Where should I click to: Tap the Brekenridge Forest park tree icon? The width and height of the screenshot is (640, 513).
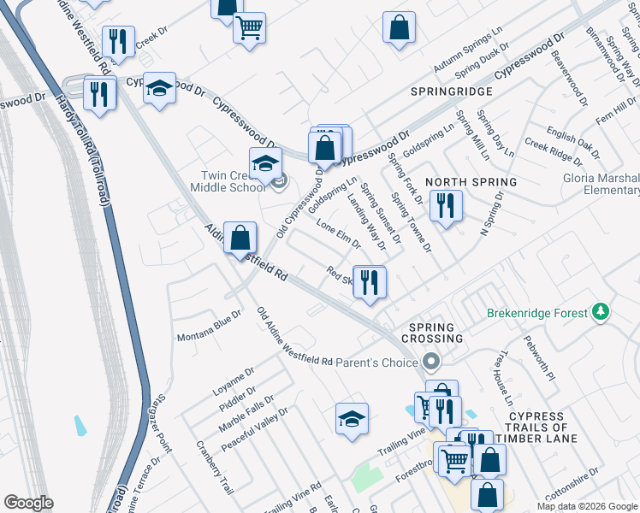(x=601, y=312)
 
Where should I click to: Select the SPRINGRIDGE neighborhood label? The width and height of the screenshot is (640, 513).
(x=451, y=91)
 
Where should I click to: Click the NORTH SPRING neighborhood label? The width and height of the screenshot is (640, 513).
(x=471, y=182)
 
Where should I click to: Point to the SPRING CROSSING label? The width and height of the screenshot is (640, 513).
(x=436, y=333)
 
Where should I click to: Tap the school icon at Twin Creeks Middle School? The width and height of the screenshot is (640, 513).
(x=265, y=162)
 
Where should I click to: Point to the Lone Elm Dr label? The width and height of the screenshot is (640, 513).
(x=339, y=234)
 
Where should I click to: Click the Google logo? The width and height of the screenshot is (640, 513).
(x=29, y=503)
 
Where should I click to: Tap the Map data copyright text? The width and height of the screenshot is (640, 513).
(x=587, y=506)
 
